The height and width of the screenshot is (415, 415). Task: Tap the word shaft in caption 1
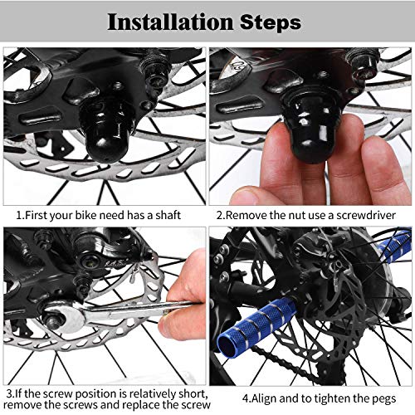[164, 216]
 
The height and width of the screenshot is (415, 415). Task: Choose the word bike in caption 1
[76, 216]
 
